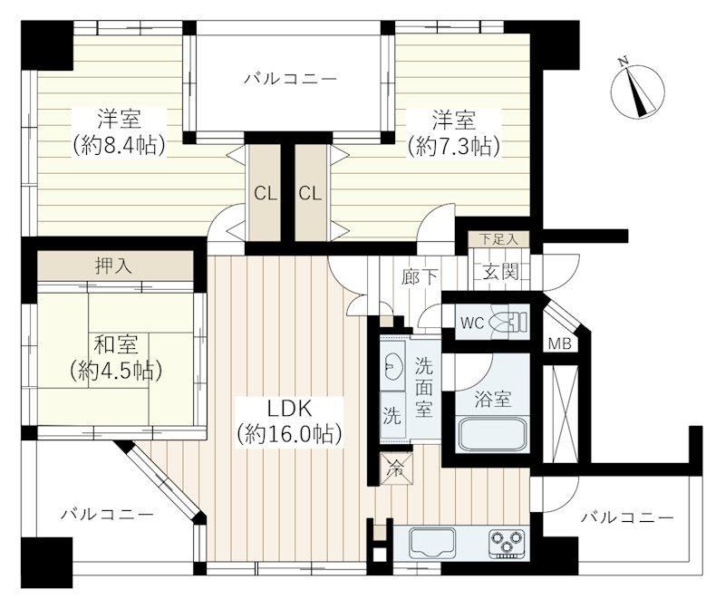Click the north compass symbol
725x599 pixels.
638,89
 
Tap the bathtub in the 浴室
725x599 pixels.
492,435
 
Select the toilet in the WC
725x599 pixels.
510,321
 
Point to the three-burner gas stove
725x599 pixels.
507,542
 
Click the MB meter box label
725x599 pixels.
559,343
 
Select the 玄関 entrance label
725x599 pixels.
501,272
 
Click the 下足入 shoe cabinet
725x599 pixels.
498,239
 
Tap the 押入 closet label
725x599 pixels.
113,266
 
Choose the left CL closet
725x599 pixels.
265,192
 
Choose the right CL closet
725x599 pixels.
311,192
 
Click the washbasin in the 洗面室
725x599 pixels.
392,366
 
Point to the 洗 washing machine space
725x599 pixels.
392,415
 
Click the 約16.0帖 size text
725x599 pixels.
289,434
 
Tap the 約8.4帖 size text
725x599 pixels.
120,146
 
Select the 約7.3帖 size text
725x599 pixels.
454,147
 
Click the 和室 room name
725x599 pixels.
116,344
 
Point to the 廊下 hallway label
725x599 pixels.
420,277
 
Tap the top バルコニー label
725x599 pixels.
290,79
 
